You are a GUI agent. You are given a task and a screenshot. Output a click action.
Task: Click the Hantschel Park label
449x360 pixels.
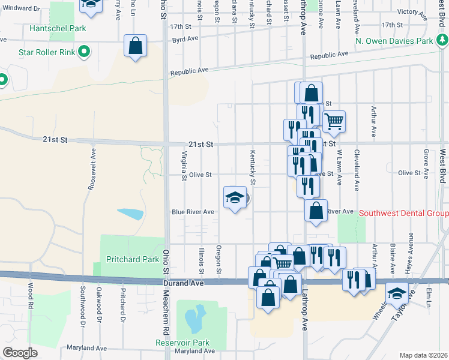pyautogui.click(x=60, y=28)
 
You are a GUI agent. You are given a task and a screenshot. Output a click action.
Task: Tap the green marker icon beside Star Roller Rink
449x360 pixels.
pyautogui.click(x=85, y=52)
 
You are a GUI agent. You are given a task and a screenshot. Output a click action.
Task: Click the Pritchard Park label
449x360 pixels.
pyautogui.click(x=133, y=259)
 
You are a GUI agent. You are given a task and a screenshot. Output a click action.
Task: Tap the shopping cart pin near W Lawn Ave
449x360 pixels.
pyautogui.click(x=334, y=121)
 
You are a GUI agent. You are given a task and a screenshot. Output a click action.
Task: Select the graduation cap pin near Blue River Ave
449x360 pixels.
pyautogui.click(x=235, y=197)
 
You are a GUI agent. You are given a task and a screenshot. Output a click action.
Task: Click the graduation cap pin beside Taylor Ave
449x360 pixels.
pyautogui.click(x=397, y=293)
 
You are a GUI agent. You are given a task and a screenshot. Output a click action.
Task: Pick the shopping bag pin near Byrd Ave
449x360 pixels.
pyautogui.click(x=136, y=45)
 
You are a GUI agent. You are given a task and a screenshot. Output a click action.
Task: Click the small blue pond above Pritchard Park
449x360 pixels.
pyautogui.click(x=130, y=214)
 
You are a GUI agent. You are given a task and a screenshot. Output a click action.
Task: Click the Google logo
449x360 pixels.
pyautogui.click(x=20, y=353)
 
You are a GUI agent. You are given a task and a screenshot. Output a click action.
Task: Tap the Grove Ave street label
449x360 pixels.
pyautogui.click(x=426, y=164)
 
